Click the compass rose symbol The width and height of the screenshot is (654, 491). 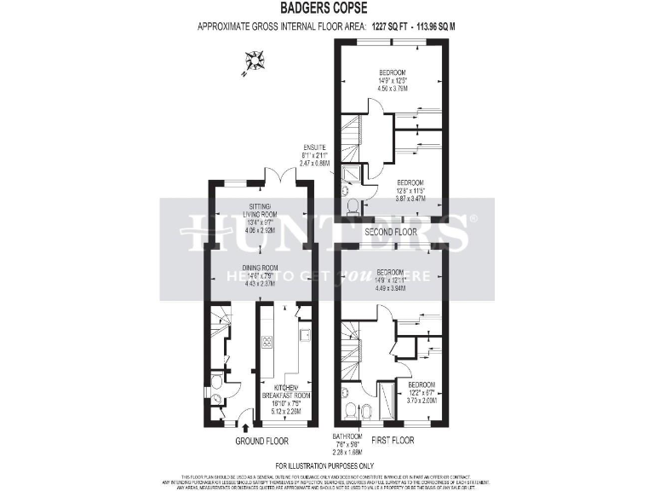pos(253,62)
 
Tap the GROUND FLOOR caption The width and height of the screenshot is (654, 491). pos(261,442)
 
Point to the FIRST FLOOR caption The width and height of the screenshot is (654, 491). pos(393,441)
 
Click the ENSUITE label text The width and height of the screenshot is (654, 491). pos(314,147)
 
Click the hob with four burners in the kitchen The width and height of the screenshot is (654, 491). pos(266,343)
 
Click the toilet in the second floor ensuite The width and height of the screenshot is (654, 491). pos(353,205)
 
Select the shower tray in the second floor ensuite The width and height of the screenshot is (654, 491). pos(350,176)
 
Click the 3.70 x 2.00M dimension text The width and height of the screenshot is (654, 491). pos(422,401)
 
